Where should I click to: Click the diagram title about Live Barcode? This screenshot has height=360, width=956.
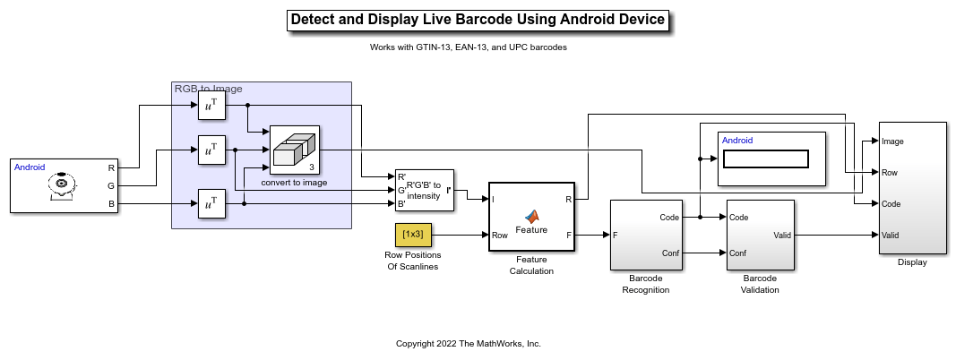coord(478,20)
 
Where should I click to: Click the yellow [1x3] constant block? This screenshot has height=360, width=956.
coord(413,235)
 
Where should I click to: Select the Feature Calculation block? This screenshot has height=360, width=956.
coord(531,218)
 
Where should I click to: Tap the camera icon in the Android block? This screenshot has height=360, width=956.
coord(61,184)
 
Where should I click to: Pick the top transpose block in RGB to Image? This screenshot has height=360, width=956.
coord(211,107)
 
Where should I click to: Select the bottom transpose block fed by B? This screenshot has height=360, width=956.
coord(211,204)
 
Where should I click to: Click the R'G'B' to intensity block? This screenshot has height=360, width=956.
coord(425,190)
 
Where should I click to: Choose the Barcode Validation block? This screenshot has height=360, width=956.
coord(760,235)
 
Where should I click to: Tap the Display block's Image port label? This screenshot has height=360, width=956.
coord(892,141)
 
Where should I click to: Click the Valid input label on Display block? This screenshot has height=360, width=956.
coord(891,236)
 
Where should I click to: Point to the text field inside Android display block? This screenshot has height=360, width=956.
coord(765,159)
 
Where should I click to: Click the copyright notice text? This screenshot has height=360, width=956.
coord(469,344)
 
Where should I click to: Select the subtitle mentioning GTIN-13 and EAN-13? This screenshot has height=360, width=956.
coord(469,47)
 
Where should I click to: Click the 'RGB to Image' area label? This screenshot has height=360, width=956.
coord(208,89)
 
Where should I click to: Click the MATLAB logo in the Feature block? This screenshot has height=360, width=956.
coord(531,216)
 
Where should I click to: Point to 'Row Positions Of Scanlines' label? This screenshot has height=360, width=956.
coord(413,261)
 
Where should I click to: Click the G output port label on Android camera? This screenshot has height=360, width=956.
coord(111,185)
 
